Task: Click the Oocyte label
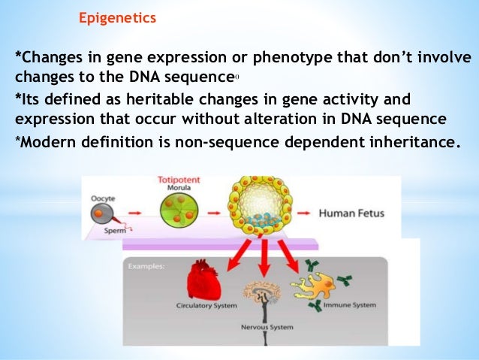coord(104,198)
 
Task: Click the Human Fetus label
coord(351,213)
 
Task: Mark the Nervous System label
coord(263,327)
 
